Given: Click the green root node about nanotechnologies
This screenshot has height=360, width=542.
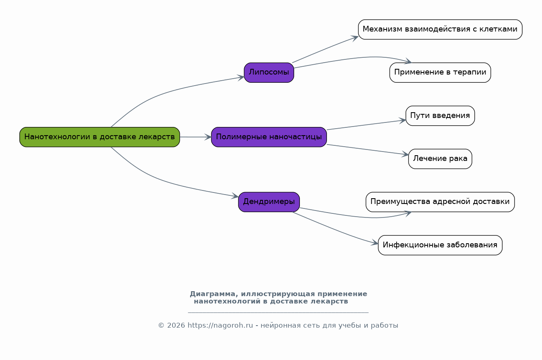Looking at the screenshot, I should coord(100,137).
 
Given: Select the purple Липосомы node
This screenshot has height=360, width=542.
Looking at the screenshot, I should coord(269,72).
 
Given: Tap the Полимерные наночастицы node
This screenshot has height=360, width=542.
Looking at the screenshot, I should coord(269,137).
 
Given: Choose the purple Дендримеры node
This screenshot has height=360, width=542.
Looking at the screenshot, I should coord(269,202).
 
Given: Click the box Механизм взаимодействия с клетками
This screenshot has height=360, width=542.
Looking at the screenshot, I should coord(440,29).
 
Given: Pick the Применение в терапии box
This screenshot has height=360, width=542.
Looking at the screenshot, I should coord(440,72).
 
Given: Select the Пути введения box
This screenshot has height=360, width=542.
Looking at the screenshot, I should coord(440,115).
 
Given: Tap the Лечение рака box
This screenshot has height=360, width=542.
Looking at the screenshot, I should coord(440,158).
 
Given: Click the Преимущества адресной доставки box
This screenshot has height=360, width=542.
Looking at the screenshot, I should coord(440,202).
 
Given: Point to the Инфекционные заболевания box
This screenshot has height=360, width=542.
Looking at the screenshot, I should coord(440,245).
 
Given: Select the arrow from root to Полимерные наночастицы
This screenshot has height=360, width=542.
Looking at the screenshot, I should coord(195,137).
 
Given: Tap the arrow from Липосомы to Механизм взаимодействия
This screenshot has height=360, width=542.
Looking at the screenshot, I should coord(326,49).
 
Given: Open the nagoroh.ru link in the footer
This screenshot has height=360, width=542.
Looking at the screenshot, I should coord(220,326).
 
